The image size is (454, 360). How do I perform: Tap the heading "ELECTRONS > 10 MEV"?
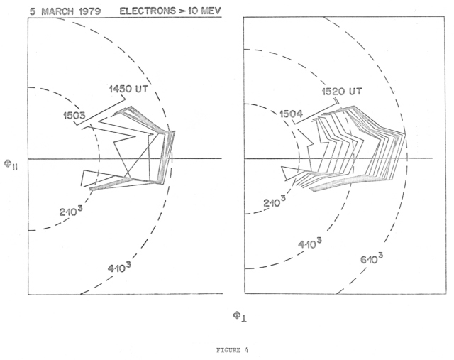coord(170,10)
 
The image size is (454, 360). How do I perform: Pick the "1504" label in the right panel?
coord(293,113)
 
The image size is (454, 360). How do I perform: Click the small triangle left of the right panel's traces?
coord(288,172)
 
